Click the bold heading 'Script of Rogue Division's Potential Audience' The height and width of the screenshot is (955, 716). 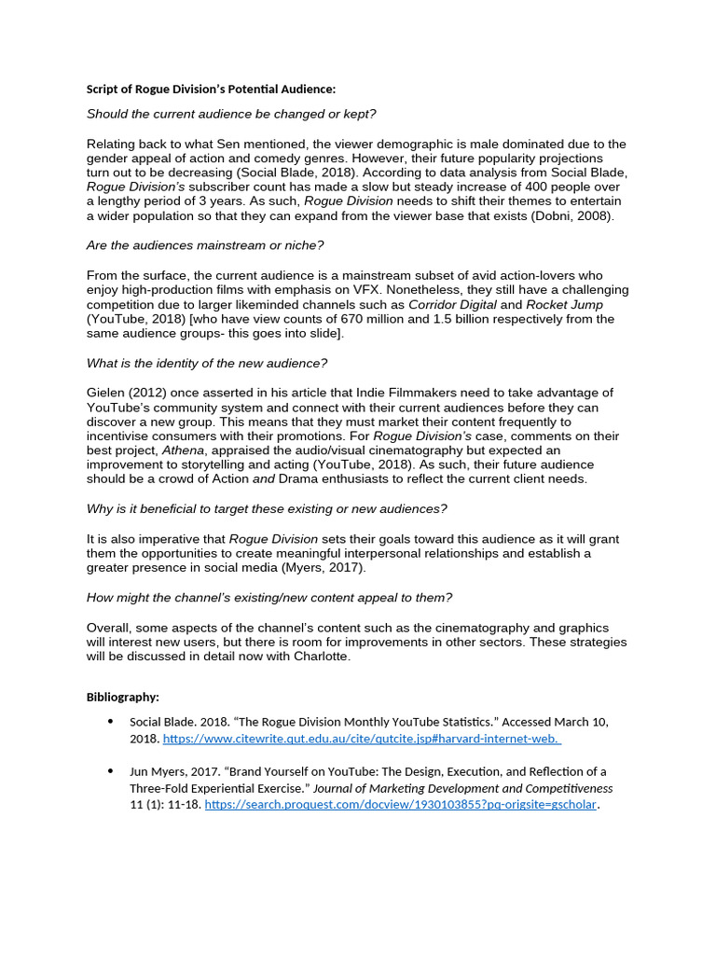[211, 90]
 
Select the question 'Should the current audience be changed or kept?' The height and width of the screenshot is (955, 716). [231, 114]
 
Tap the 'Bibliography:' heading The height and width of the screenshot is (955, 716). [123, 697]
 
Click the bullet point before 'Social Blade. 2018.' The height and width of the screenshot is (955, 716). [110, 722]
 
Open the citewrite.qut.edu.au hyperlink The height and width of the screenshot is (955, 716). [362, 739]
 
